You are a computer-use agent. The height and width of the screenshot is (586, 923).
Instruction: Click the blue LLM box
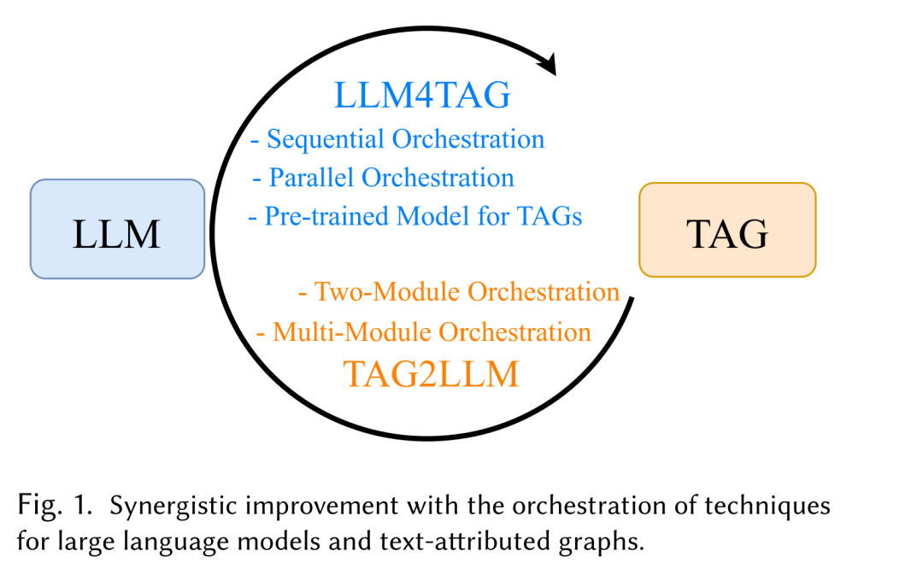[117, 229]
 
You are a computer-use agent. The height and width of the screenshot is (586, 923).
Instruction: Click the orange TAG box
[727, 230]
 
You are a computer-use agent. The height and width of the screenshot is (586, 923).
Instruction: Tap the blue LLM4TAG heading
[422, 96]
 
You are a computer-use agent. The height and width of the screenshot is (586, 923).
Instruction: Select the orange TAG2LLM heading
[431, 373]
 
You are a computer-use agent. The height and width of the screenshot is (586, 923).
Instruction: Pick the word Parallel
[312, 178]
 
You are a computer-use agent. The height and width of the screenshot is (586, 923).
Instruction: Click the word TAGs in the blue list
[550, 216]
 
